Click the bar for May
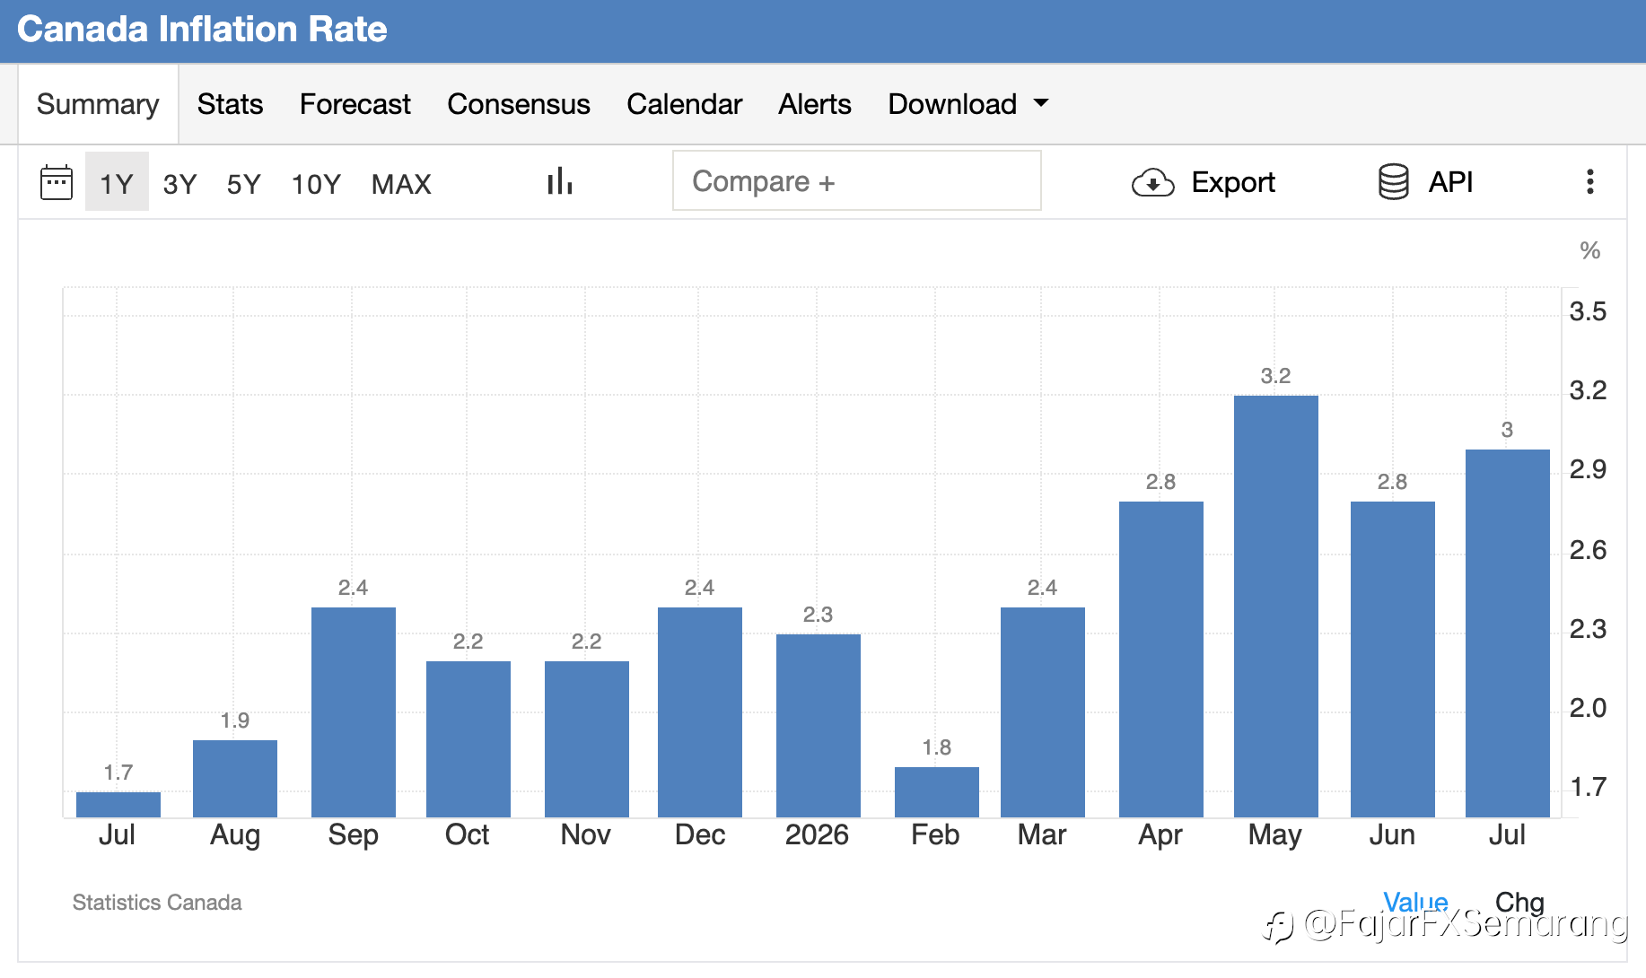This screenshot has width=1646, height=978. [x=1275, y=607]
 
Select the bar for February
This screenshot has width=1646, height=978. [x=936, y=792]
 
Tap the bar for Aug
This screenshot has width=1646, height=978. [x=235, y=779]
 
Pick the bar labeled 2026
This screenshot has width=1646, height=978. [x=818, y=726]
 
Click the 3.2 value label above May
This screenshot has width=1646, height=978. [x=1275, y=376]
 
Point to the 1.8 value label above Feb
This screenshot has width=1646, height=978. [x=936, y=747]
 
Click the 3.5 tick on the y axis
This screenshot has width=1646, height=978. [x=1588, y=311]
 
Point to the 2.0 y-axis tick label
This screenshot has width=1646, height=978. [x=1588, y=708]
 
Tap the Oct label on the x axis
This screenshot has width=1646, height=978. [x=468, y=834]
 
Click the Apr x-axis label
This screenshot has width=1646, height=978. [x=1160, y=835]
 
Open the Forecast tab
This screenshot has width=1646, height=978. [x=355, y=104]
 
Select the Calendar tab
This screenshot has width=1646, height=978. [x=685, y=104]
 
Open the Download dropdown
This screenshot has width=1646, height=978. [x=967, y=104]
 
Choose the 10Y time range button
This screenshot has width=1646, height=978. [x=316, y=184]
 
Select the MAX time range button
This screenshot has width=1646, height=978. [x=401, y=184]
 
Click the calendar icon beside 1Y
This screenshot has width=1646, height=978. [x=57, y=182]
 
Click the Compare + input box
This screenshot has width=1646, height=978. [x=857, y=180]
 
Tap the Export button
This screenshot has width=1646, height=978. [x=1204, y=182]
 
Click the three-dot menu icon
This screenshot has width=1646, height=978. [x=1590, y=181]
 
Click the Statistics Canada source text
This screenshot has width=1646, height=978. [x=157, y=902]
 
